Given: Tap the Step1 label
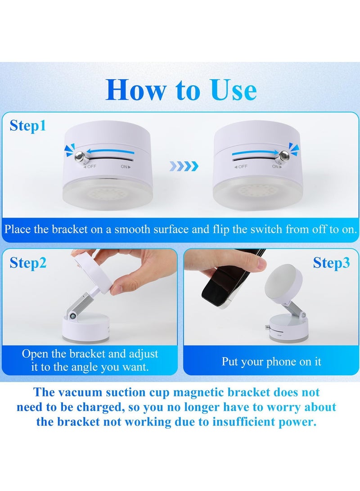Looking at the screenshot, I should pyautogui.click(x=28, y=126).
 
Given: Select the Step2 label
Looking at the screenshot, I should pyautogui.click(x=28, y=263).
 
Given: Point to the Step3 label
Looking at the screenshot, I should pyautogui.click(x=331, y=263).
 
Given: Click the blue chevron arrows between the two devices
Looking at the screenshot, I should pyautogui.click(x=184, y=167).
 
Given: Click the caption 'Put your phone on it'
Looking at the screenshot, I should pyautogui.click(x=271, y=362).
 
